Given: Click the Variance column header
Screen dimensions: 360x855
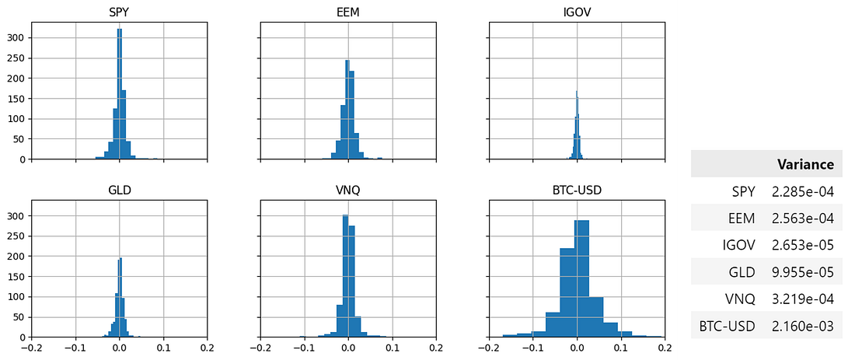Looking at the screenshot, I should click(x=805, y=164).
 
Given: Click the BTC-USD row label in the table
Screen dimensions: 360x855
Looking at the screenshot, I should click(x=727, y=327).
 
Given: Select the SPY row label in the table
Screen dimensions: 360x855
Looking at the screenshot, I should click(x=743, y=191).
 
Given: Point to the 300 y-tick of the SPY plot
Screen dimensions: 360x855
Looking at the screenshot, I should click(x=15, y=38).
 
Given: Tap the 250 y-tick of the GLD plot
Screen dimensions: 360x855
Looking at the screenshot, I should click(x=15, y=236).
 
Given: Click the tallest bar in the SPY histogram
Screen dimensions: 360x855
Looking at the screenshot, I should click(x=119, y=93).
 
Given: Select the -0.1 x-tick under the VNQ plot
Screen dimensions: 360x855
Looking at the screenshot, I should click(x=304, y=348).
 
